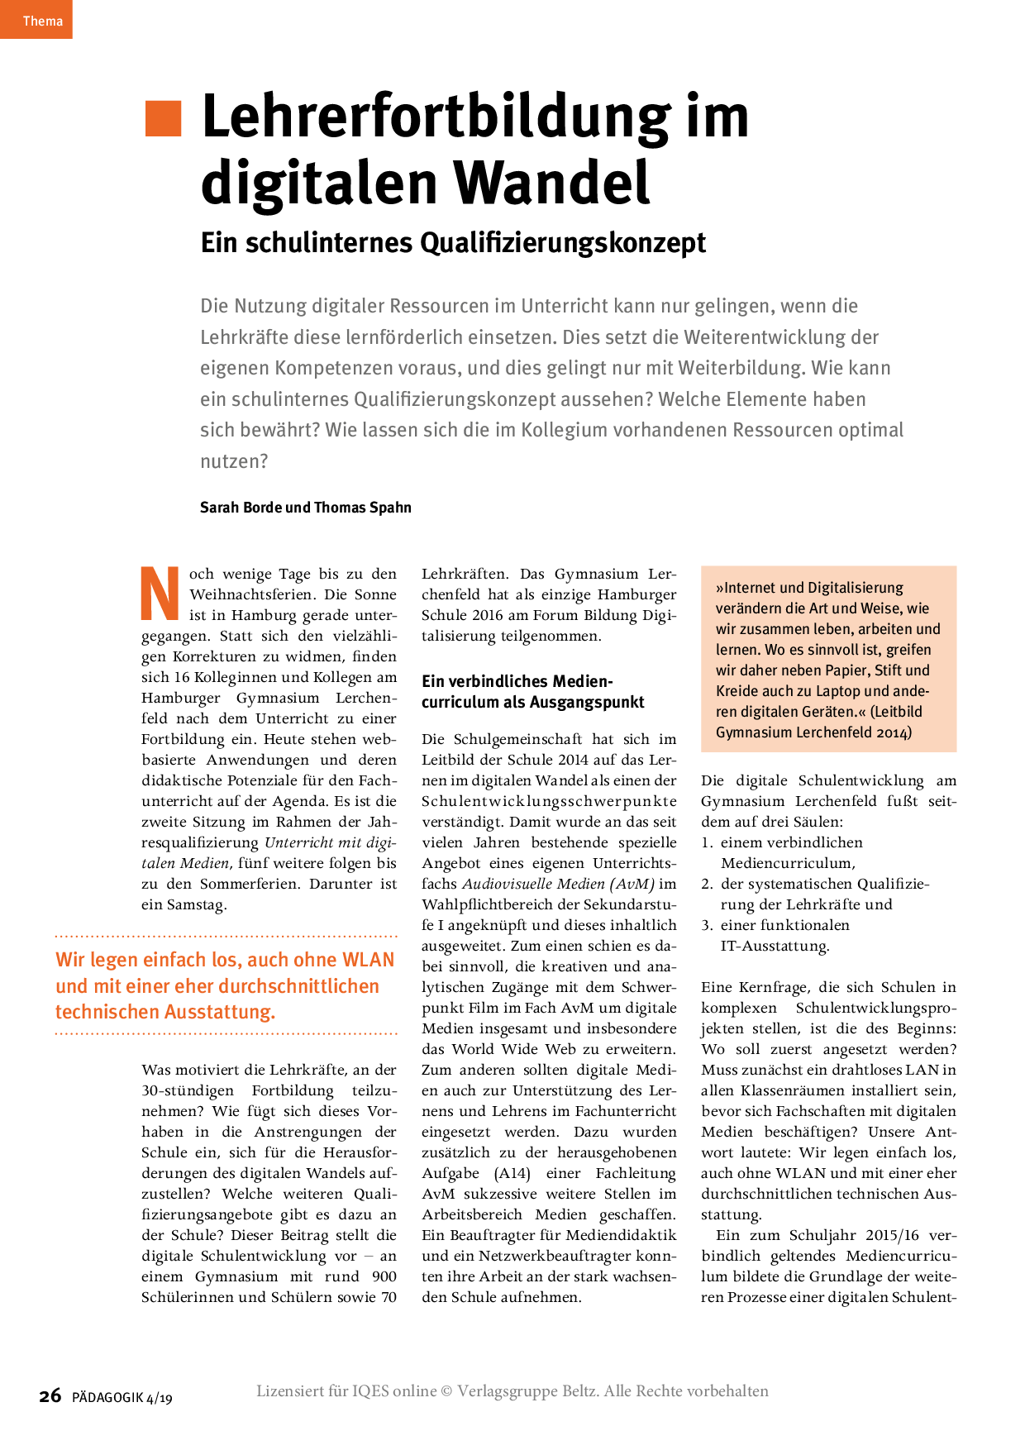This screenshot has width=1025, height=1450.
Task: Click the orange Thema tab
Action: click(x=36, y=19)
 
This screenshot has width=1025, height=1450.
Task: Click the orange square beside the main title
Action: click(x=163, y=118)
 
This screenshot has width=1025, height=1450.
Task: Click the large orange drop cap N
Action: click(x=160, y=594)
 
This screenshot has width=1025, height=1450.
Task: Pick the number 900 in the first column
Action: click(x=384, y=1276)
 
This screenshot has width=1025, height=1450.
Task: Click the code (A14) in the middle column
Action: click(x=512, y=1173)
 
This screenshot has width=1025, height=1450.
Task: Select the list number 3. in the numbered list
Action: click(x=707, y=925)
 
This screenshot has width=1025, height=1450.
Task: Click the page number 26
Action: click(x=50, y=1396)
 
